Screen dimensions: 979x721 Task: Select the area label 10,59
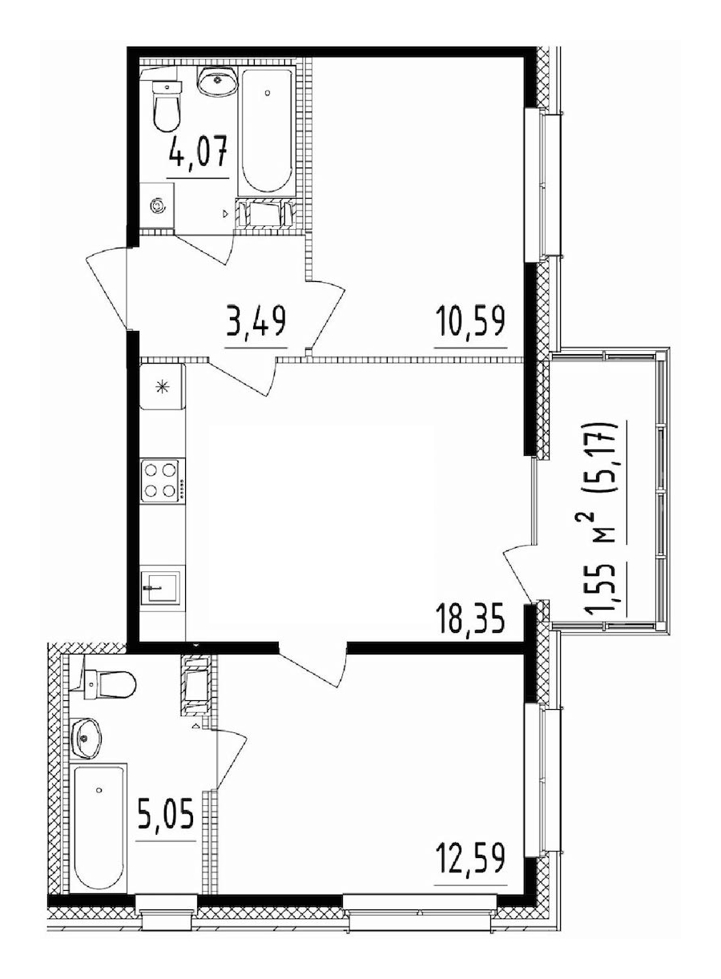[x=471, y=327]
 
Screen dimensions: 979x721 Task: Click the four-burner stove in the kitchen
[x=163, y=481]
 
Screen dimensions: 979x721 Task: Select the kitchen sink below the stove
[x=163, y=589]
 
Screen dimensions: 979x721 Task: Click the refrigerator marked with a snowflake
[x=163, y=387]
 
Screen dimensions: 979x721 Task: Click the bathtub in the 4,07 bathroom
[x=266, y=132]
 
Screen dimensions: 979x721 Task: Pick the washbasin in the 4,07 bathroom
[x=215, y=80]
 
